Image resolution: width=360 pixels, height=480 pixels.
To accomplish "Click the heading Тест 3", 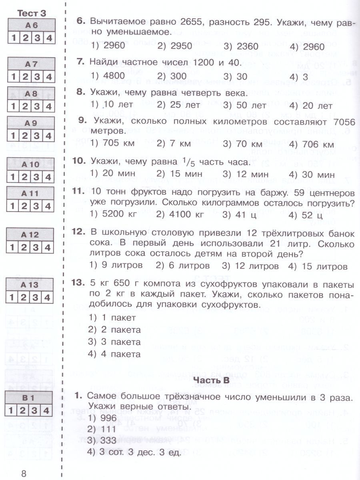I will pyautogui.click(x=32, y=13).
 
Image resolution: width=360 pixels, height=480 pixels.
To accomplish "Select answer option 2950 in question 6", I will pyautogui.click(x=175, y=46).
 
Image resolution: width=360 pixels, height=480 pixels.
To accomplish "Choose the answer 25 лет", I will pyautogui.click(x=178, y=106).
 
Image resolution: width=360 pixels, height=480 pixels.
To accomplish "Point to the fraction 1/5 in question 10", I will pyautogui.click(x=184, y=162).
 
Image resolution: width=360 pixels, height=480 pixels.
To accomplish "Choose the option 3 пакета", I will pyautogui.click(x=114, y=342).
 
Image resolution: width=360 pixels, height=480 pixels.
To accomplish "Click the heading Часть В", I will pyautogui.click(x=211, y=380).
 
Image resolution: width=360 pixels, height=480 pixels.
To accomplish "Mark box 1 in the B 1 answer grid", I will pyautogui.click(x=13, y=410).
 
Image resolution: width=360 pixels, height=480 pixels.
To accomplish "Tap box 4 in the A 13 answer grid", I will pyautogui.click(x=48, y=297).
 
